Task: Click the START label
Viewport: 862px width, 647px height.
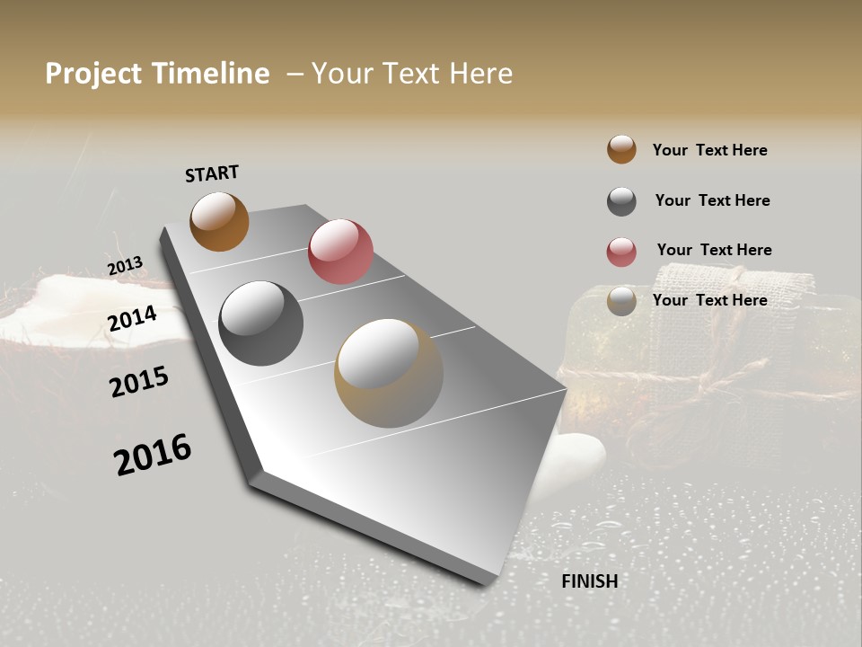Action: pos(212,173)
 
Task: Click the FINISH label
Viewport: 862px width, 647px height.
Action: pos(589,581)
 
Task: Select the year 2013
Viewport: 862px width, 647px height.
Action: pos(125,266)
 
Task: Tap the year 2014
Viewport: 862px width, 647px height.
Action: pos(133,318)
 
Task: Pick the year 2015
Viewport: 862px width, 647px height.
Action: pos(139,381)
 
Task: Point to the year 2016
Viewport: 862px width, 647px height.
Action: pos(153,454)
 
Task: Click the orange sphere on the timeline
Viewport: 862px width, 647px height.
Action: pos(219,221)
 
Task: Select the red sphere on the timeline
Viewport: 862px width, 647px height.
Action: pos(340,252)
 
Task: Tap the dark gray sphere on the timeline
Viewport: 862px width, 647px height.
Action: pos(261,323)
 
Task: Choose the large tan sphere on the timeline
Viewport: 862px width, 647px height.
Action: pos(389,373)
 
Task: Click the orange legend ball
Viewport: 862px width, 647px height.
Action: pos(621,149)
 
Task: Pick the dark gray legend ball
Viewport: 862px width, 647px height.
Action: pos(621,201)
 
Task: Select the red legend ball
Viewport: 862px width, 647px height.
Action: pos(621,252)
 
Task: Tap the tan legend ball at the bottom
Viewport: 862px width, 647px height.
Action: pos(621,301)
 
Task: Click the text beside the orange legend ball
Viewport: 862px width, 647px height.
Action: pos(709,150)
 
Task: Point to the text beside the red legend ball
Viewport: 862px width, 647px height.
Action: pos(714,250)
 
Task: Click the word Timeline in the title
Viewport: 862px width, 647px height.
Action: pos(209,74)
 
